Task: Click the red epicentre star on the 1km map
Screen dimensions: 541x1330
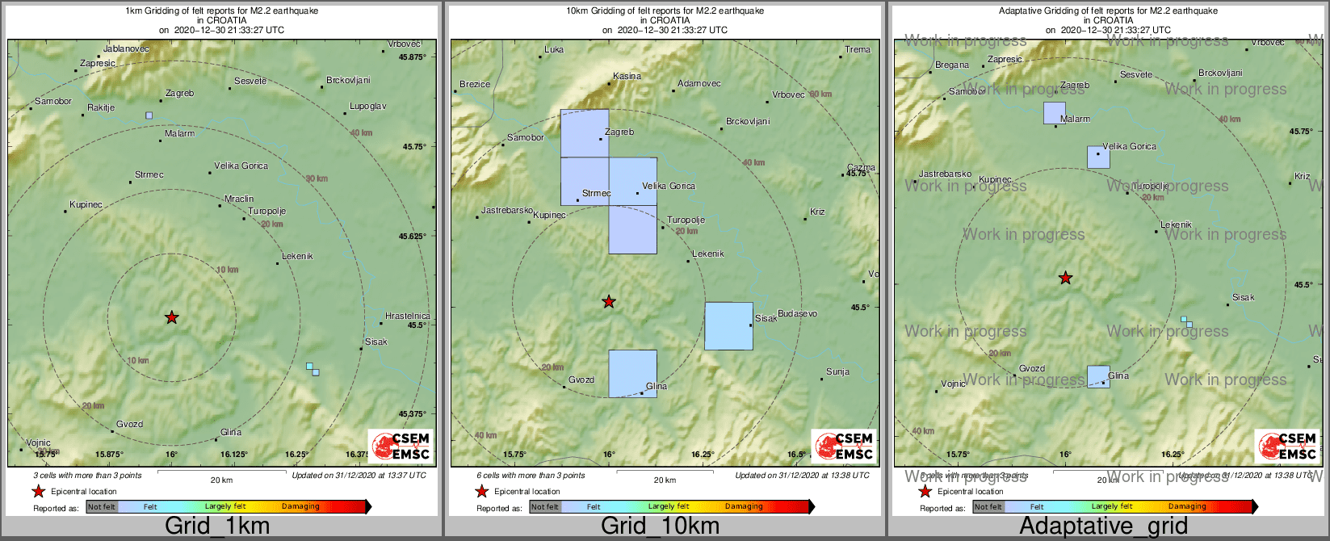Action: click(x=171, y=317)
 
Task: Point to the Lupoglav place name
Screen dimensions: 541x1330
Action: click(x=367, y=107)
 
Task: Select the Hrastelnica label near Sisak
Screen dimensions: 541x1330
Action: click(x=407, y=316)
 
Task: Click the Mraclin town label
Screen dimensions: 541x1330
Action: click(x=239, y=199)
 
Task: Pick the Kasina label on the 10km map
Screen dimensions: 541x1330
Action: click(x=627, y=77)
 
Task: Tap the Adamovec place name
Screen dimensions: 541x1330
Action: click(x=699, y=84)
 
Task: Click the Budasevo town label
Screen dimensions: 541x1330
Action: click(x=797, y=314)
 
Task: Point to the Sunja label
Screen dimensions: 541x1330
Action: click(x=837, y=372)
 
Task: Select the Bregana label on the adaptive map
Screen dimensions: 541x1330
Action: click(x=952, y=65)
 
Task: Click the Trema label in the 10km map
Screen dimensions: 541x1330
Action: click(x=858, y=50)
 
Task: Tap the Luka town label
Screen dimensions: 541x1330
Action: click(x=554, y=50)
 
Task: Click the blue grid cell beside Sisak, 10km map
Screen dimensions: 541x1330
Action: click(x=728, y=326)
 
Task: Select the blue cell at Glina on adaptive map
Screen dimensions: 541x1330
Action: click(x=1097, y=376)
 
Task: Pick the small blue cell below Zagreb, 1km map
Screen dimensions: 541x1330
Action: click(x=149, y=115)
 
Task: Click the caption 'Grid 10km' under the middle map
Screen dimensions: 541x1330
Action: click(x=660, y=526)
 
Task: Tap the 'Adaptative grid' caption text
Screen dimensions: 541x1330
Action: click(x=1103, y=526)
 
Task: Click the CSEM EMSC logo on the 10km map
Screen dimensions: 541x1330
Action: click(x=843, y=446)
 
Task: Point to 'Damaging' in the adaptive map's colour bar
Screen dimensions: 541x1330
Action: click(x=1186, y=507)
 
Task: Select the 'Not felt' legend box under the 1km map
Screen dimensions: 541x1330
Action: click(x=102, y=507)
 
